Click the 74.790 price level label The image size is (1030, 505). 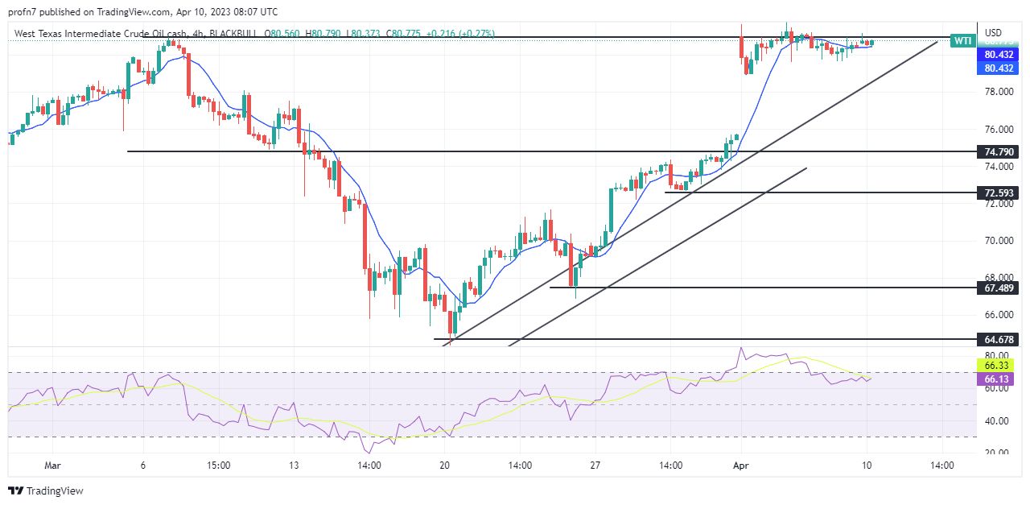pos(998,151)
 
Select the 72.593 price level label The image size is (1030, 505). pos(998,193)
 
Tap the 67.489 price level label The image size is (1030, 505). pos(998,288)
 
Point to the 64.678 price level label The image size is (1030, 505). pos(998,340)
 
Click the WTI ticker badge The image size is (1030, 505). pos(962,40)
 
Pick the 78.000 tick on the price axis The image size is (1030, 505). pos(998,92)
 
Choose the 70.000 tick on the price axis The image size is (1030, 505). pos(998,241)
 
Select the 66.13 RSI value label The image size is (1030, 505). pos(998,379)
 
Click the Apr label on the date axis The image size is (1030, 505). pos(740,466)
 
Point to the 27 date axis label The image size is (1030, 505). pos(595,466)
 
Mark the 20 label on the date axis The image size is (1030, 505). pos(444,466)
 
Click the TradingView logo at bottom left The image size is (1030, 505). pos(46,491)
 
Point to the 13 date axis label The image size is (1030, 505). pos(294,466)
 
